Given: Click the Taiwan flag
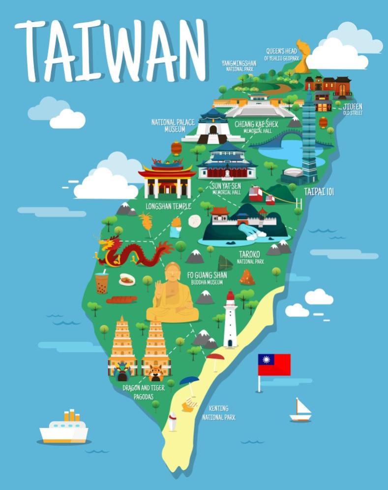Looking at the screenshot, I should coord(274,365).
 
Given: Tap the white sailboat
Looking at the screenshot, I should coord(300,410).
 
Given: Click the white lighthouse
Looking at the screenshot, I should coord(230,320).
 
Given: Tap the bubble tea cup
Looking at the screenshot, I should coord(102,283).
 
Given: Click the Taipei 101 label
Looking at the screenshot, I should coord(319,192).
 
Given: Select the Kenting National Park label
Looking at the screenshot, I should coord(218,413).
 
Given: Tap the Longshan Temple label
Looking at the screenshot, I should coord(168,206).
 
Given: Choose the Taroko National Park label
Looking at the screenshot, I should coord(250,258).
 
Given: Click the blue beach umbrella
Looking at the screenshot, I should coord(189,381).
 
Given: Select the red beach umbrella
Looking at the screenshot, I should coord(215,357).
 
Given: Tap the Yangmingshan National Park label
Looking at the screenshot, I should coord(239,66).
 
